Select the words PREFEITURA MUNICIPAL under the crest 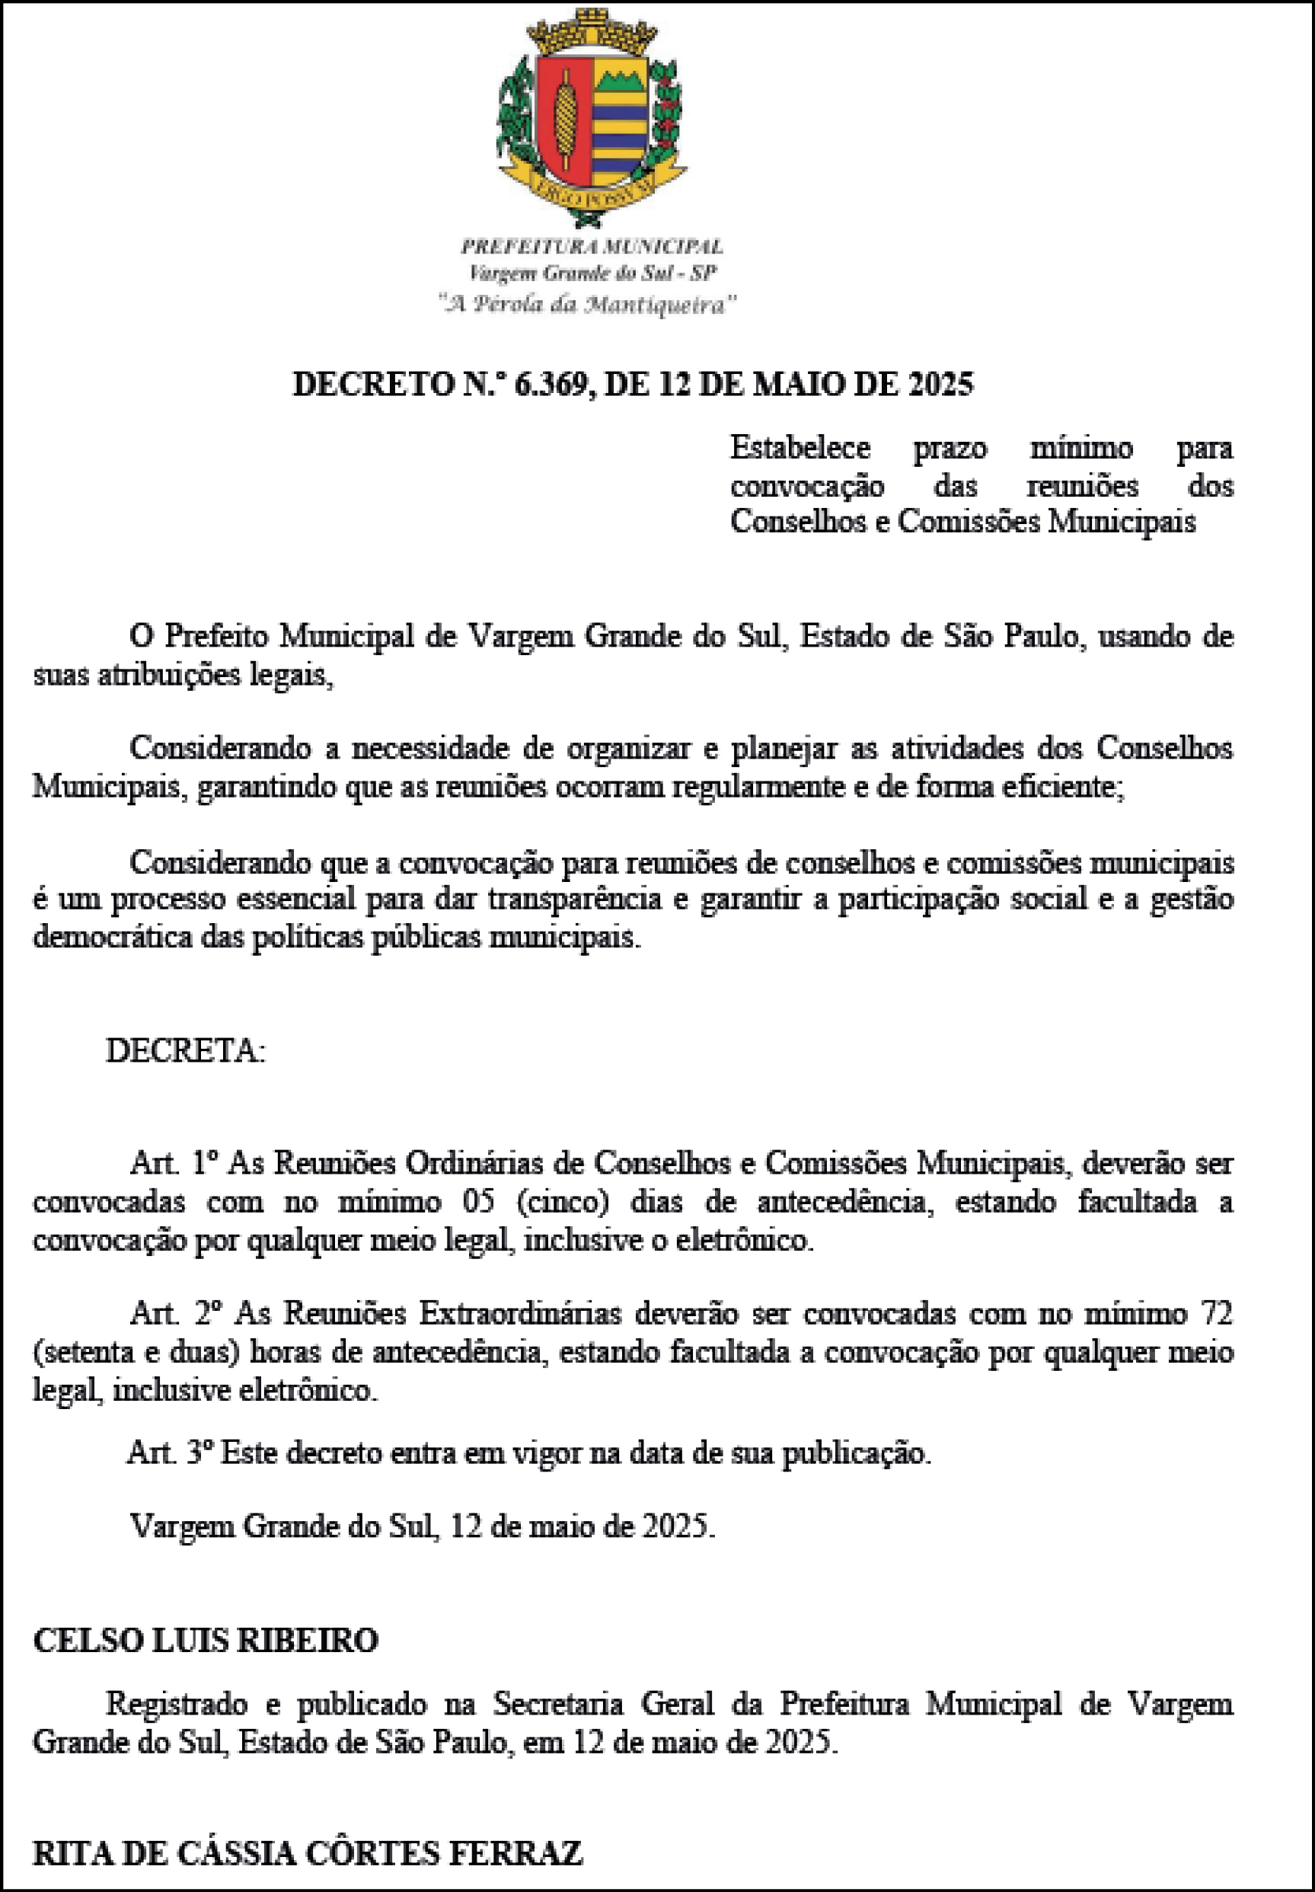coord(592,246)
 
